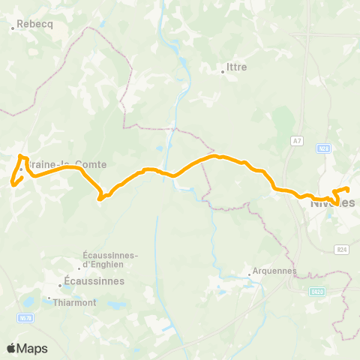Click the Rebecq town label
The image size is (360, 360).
[34, 23]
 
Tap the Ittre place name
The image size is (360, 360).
[236, 66]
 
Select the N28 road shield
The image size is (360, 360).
[323, 148]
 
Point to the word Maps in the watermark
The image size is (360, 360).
[33, 348]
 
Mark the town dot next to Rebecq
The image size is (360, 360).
[13, 29]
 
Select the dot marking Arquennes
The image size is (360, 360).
[250, 275]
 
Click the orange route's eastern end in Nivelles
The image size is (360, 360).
[348, 188]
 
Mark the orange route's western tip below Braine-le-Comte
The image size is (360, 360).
[12, 182]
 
